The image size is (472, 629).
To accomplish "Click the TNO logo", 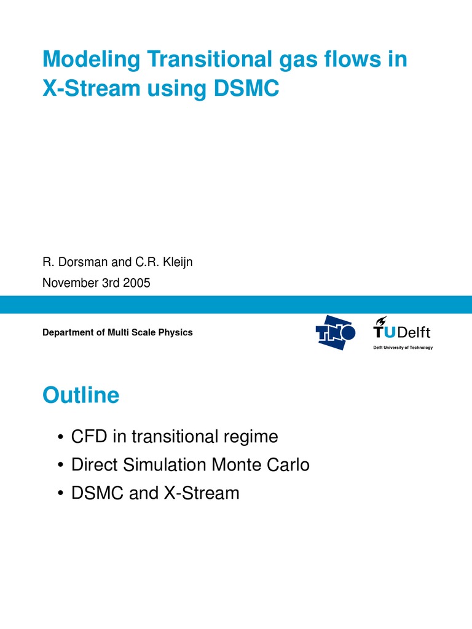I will (x=336, y=332).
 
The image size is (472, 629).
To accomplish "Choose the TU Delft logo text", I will (x=403, y=332).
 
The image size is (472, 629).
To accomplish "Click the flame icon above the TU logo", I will (x=381, y=320).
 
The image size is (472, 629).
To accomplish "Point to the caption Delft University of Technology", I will (x=403, y=348).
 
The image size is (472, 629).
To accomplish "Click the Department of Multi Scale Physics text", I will (x=117, y=332).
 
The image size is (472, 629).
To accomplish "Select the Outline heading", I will (x=81, y=396).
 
